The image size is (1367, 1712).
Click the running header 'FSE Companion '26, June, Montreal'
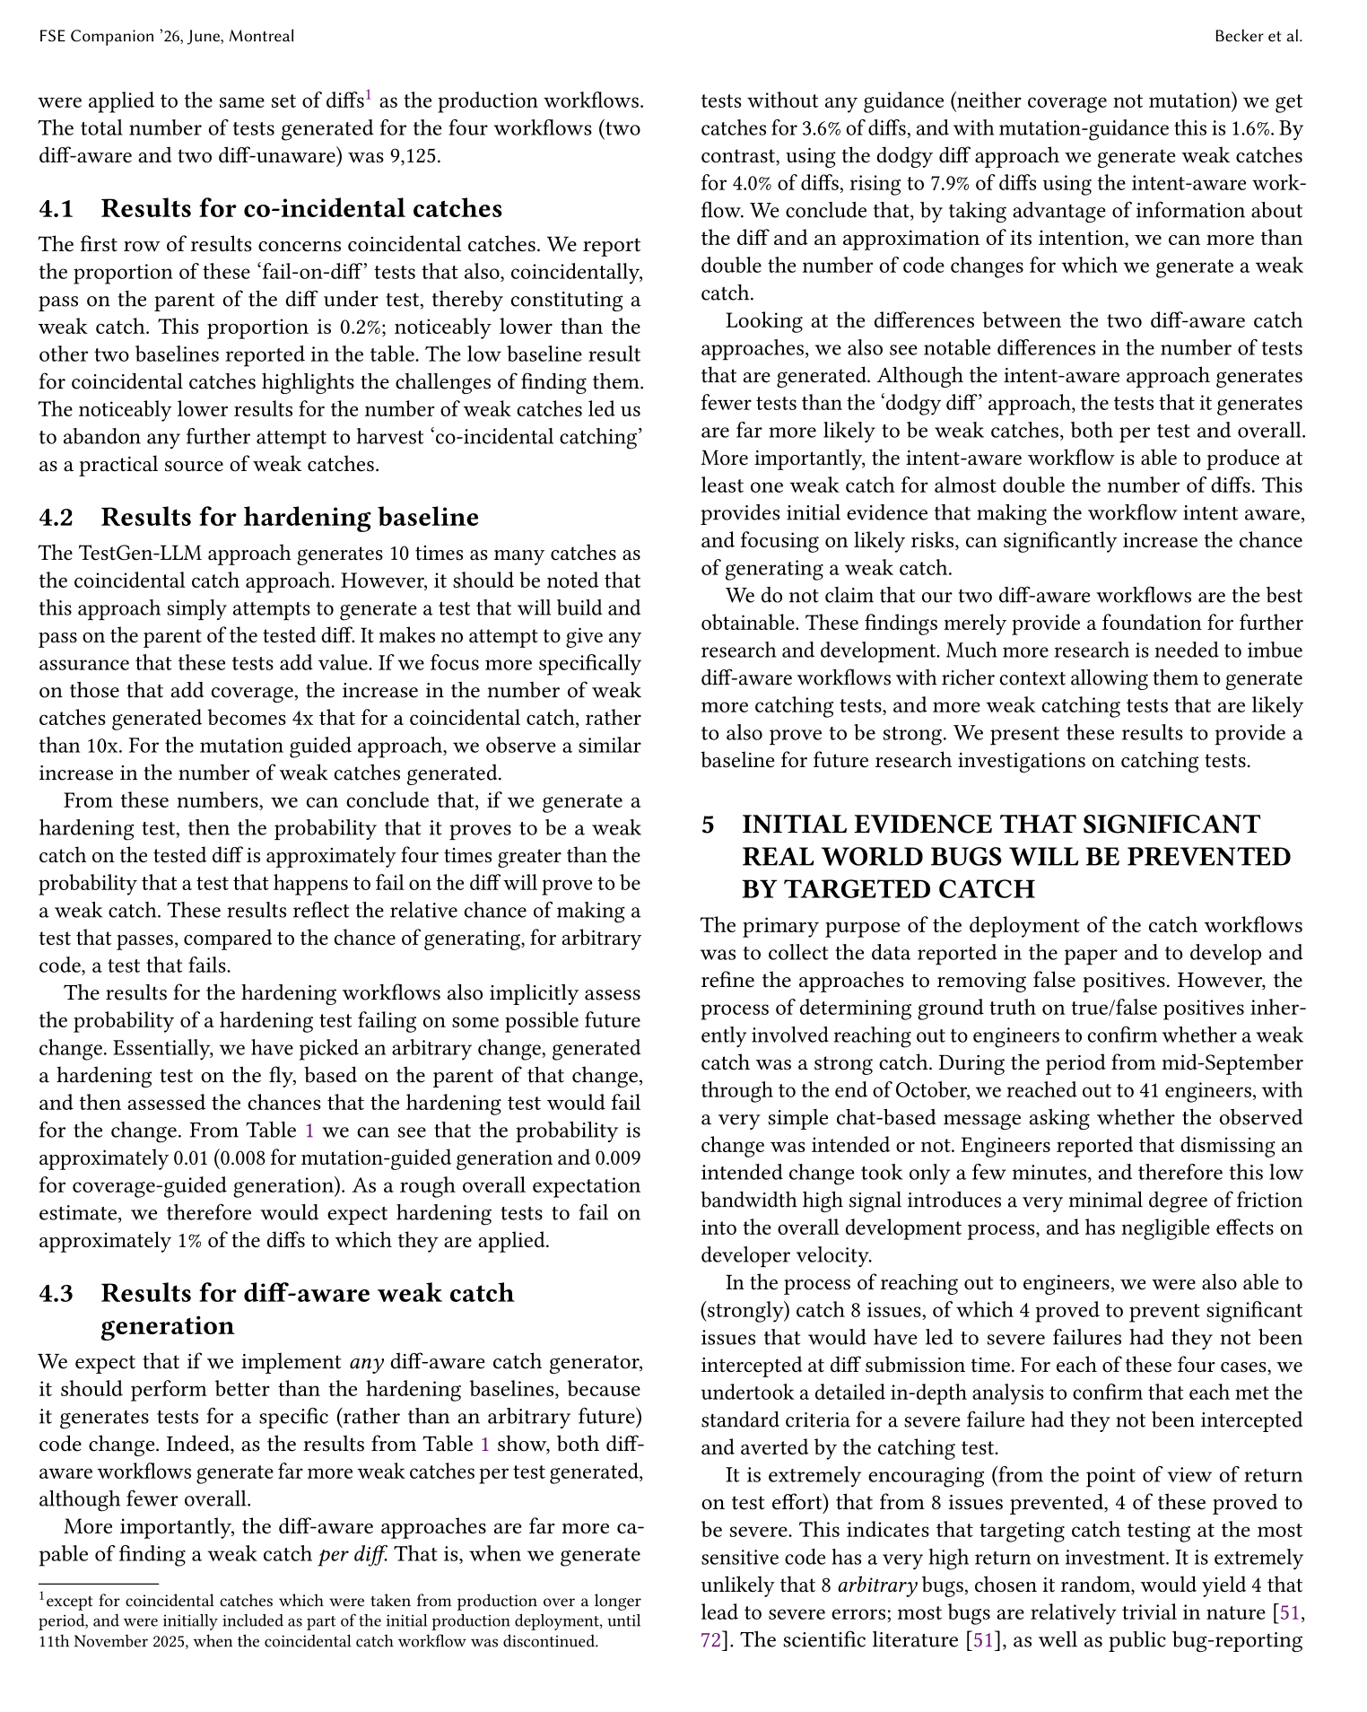click(x=167, y=37)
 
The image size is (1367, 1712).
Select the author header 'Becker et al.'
click(x=1258, y=37)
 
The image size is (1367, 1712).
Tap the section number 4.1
click(x=57, y=209)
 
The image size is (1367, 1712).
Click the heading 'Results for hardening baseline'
click(x=290, y=518)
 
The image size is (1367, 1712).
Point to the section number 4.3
click(x=57, y=1293)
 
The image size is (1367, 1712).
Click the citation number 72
click(x=710, y=1641)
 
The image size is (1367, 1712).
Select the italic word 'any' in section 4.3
click(x=366, y=1363)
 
